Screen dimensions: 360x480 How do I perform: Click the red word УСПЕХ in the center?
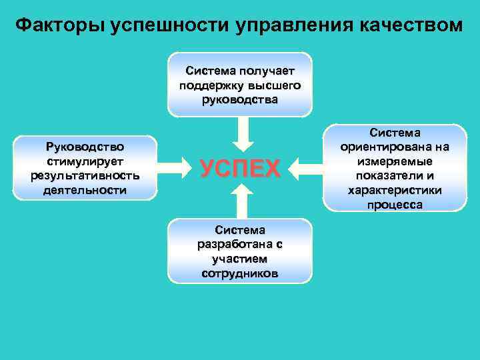click(x=241, y=169)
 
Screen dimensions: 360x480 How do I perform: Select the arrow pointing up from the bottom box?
click(x=241, y=201)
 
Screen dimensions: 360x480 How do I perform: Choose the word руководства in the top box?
click(x=240, y=99)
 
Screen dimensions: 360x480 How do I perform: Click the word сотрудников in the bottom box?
click(x=240, y=273)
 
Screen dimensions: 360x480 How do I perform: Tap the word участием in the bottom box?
click(x=240, y=259)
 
